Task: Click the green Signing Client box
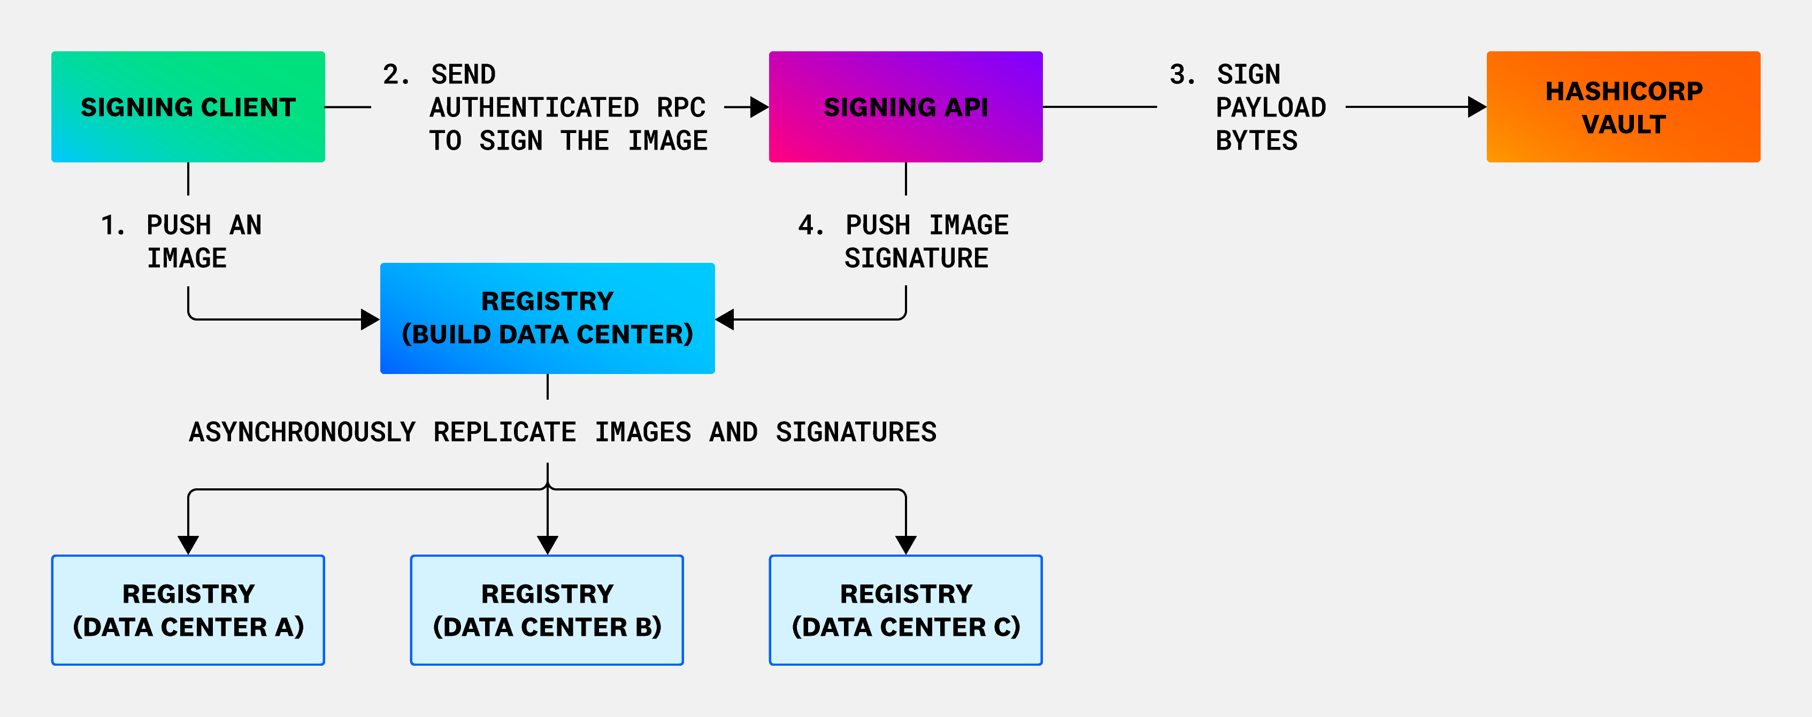188,107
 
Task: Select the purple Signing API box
905,107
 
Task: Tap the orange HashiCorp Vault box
1623,107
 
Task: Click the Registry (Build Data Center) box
547,318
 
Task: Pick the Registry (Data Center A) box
188,610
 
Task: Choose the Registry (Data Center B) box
547,610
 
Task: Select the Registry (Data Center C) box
905,610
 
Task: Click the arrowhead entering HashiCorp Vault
1477,107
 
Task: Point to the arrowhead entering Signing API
759,107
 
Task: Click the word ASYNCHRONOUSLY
303,432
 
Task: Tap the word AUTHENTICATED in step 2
534,107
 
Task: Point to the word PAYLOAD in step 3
1270,107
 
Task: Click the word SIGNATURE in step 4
916,259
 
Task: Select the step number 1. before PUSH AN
112,225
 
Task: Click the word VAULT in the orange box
1624,124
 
